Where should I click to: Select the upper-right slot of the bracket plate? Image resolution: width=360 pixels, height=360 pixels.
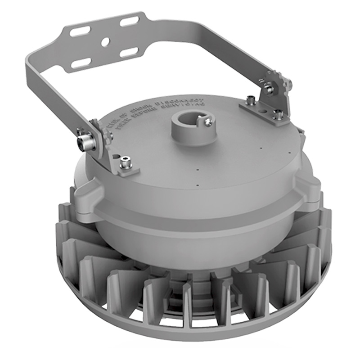pyautogui.click(x=129, y=21)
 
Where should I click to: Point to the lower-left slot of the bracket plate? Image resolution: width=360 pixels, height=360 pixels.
pyautogui.click(x=81, y=63)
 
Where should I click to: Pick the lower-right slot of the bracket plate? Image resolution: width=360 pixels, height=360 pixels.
pyautogui.click(x=129, y=52)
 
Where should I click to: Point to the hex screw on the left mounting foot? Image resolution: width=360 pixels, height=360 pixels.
pyautogui.click(x=126, y=162)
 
